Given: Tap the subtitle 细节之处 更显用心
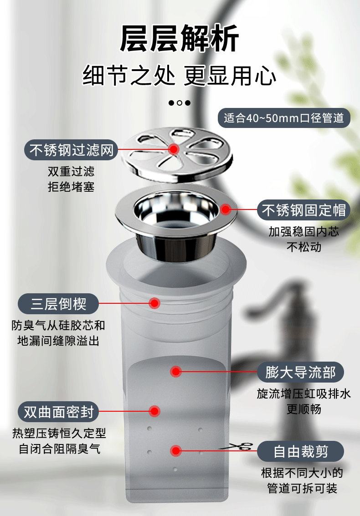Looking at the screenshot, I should coord(180,76).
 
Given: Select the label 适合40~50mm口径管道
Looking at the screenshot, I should coord(284,118).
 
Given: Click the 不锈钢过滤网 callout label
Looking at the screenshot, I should coord(71,149).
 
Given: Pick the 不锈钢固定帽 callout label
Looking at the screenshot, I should coord(304,210).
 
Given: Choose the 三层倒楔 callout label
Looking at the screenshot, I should coord(58,303).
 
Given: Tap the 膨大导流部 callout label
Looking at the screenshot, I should coord(300,372).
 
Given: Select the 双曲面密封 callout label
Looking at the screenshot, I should coord(58,412).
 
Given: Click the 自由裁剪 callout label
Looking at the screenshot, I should coord(300,452).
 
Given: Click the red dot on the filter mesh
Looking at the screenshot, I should coord(174,149).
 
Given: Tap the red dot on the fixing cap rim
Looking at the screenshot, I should coord(226,209).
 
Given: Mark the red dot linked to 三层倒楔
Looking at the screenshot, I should coord(154,303).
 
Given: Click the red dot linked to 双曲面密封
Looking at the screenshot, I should coord(154,411).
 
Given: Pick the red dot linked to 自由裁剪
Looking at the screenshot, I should coord(175,451).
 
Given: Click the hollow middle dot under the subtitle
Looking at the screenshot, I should coord(180,102).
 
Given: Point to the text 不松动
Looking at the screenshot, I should coord(304,247).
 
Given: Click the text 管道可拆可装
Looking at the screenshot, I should coord(302,489).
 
